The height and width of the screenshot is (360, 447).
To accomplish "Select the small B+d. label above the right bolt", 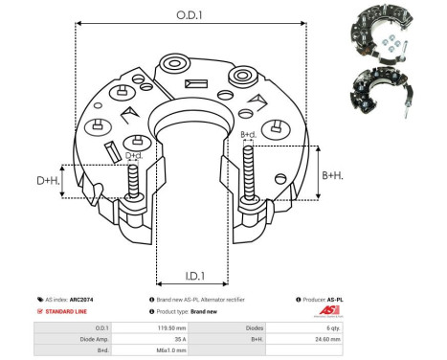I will pyautogui.click(x=248, y=134).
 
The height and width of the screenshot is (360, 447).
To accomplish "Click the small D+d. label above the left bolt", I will pyautogui.click(x=134, y=154).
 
